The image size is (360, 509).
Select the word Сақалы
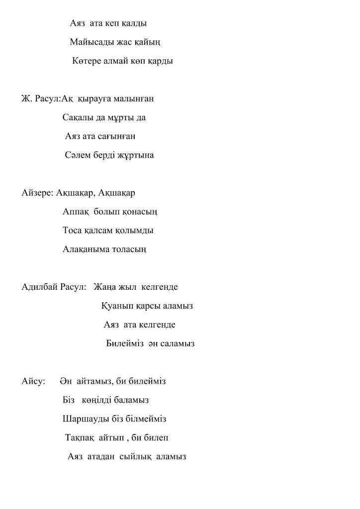click(77, 118)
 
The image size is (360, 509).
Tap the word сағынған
click(116, 136)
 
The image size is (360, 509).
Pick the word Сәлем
click(77, 155)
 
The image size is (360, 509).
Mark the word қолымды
click(134, 231)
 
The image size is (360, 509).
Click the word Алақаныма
click(87, 250)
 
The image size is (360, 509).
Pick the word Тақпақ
click(80, 438)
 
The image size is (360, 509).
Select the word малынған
click(133, 99)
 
